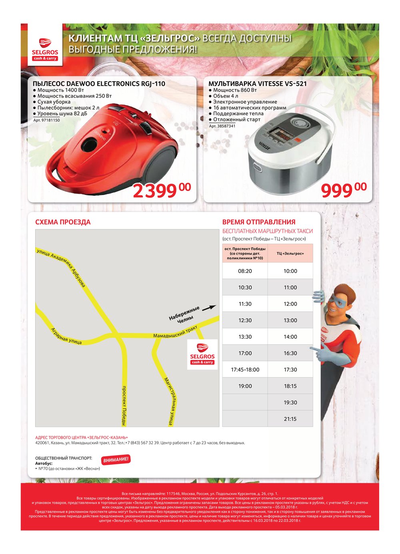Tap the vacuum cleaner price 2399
point(161,191)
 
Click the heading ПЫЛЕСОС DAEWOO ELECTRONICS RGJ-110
point(99,84)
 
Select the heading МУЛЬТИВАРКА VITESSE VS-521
point(258,84)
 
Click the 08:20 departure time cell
point(245,271)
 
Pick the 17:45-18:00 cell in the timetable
point(245,369)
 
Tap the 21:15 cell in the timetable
point(290,419)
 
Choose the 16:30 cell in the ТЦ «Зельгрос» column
point(290,353)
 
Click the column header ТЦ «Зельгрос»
point(290,253)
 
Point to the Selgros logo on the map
point(202,354)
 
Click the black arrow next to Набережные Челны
point(209,308)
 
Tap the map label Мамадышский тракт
point(175,333)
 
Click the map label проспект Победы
point(124,405)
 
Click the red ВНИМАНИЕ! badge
point(116,460)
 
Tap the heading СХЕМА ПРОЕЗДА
point(63,222)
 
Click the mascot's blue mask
point(338,299)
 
